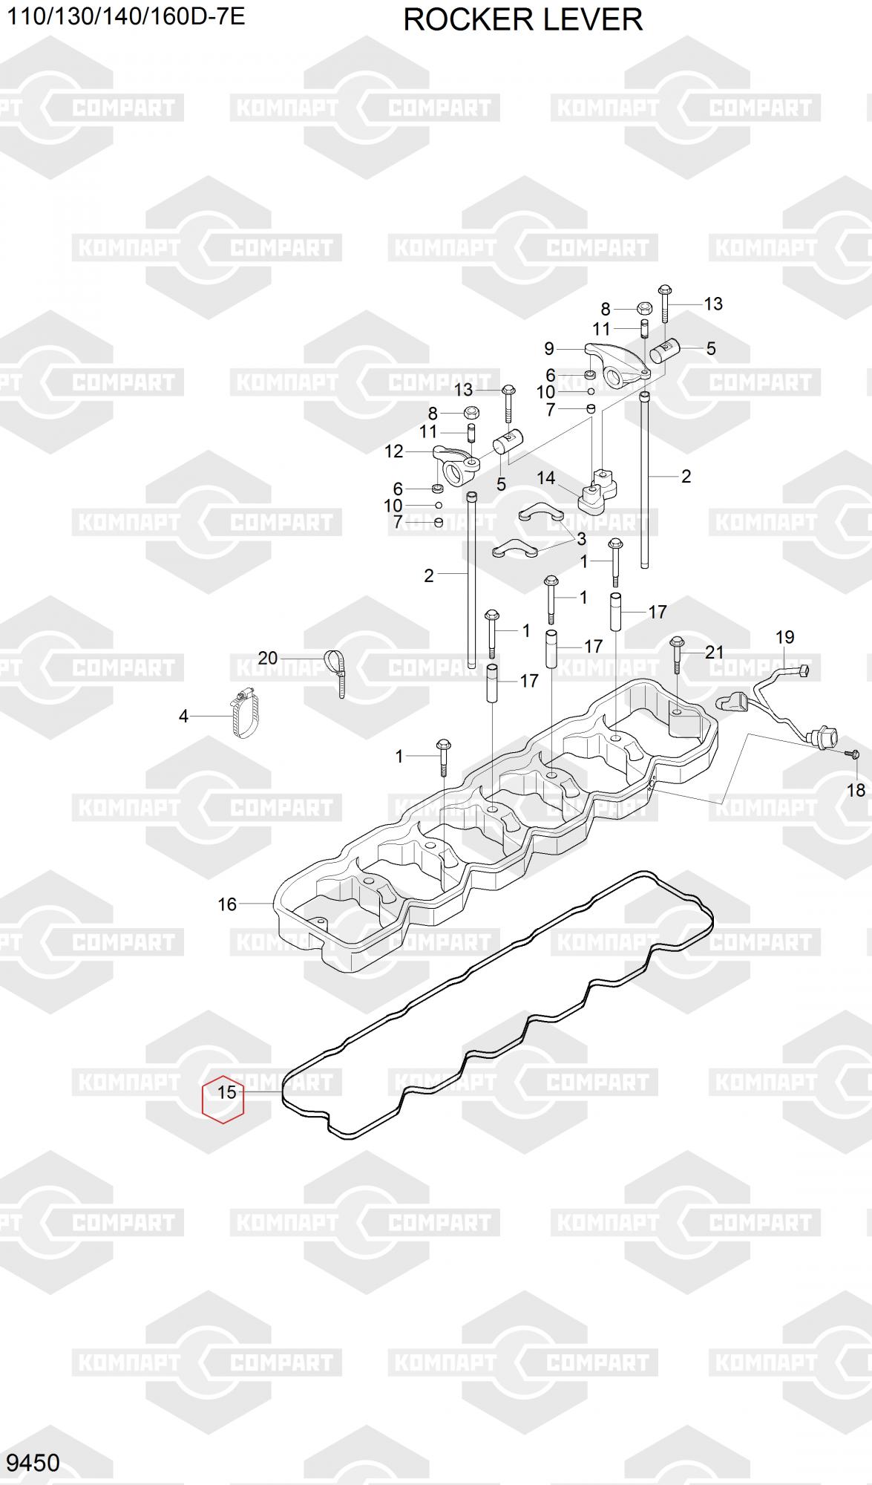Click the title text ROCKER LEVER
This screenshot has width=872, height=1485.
[x=522, y=20]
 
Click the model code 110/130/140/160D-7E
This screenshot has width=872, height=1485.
[x=125, y=16]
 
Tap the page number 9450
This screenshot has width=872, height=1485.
[x=33, y=1462]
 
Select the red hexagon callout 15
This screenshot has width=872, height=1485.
[x=223, y=1099]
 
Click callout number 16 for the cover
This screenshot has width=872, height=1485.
[x=227, y=904]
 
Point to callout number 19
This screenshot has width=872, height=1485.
[x=784, y=636]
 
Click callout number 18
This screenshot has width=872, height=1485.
[x=856, y=789]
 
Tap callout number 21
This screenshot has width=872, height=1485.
[x=714, y=652]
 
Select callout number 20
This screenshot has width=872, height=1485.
[x=267, y=657]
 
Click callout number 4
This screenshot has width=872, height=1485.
[x=183, y=717]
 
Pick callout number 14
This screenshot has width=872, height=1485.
[x=546, y=477]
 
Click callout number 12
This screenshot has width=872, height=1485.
[x=393, y=451]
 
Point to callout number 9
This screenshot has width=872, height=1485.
[x=549, y=348]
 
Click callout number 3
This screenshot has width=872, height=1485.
[x=581, y=538]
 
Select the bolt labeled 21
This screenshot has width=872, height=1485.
[x=677, y=653]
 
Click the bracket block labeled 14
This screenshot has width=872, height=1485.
[x=597, y=494]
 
